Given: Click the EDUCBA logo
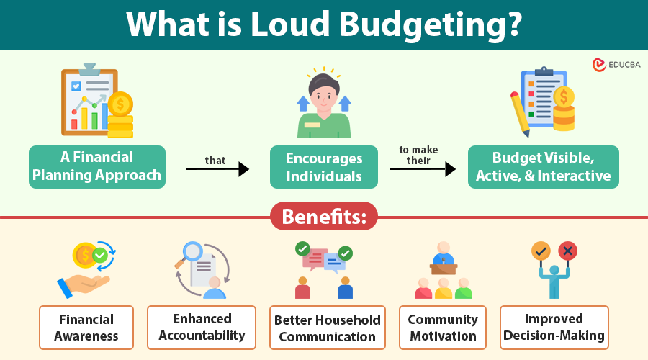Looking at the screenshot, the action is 616,65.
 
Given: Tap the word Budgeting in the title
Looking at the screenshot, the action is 431,24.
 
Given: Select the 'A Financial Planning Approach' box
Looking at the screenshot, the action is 97,166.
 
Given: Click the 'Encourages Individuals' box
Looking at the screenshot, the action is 324,167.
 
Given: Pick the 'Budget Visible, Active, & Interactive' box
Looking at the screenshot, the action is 544,167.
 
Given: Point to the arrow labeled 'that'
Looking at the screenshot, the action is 217,168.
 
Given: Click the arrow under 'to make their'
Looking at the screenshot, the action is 423,168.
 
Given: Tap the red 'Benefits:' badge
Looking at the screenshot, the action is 324,216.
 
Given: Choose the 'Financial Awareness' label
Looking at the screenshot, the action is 86,328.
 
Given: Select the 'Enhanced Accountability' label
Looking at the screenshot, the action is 202,328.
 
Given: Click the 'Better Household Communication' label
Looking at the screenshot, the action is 328,328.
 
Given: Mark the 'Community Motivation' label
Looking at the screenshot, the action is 443,328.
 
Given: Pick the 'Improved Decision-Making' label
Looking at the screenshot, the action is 554,328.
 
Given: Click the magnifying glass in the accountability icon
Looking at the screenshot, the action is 190,253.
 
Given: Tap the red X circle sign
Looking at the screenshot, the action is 568,251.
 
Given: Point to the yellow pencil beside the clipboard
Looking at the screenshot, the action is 520,114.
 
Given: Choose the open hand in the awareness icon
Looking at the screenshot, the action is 84,285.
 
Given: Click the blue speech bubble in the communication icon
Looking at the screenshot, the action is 334,263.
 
